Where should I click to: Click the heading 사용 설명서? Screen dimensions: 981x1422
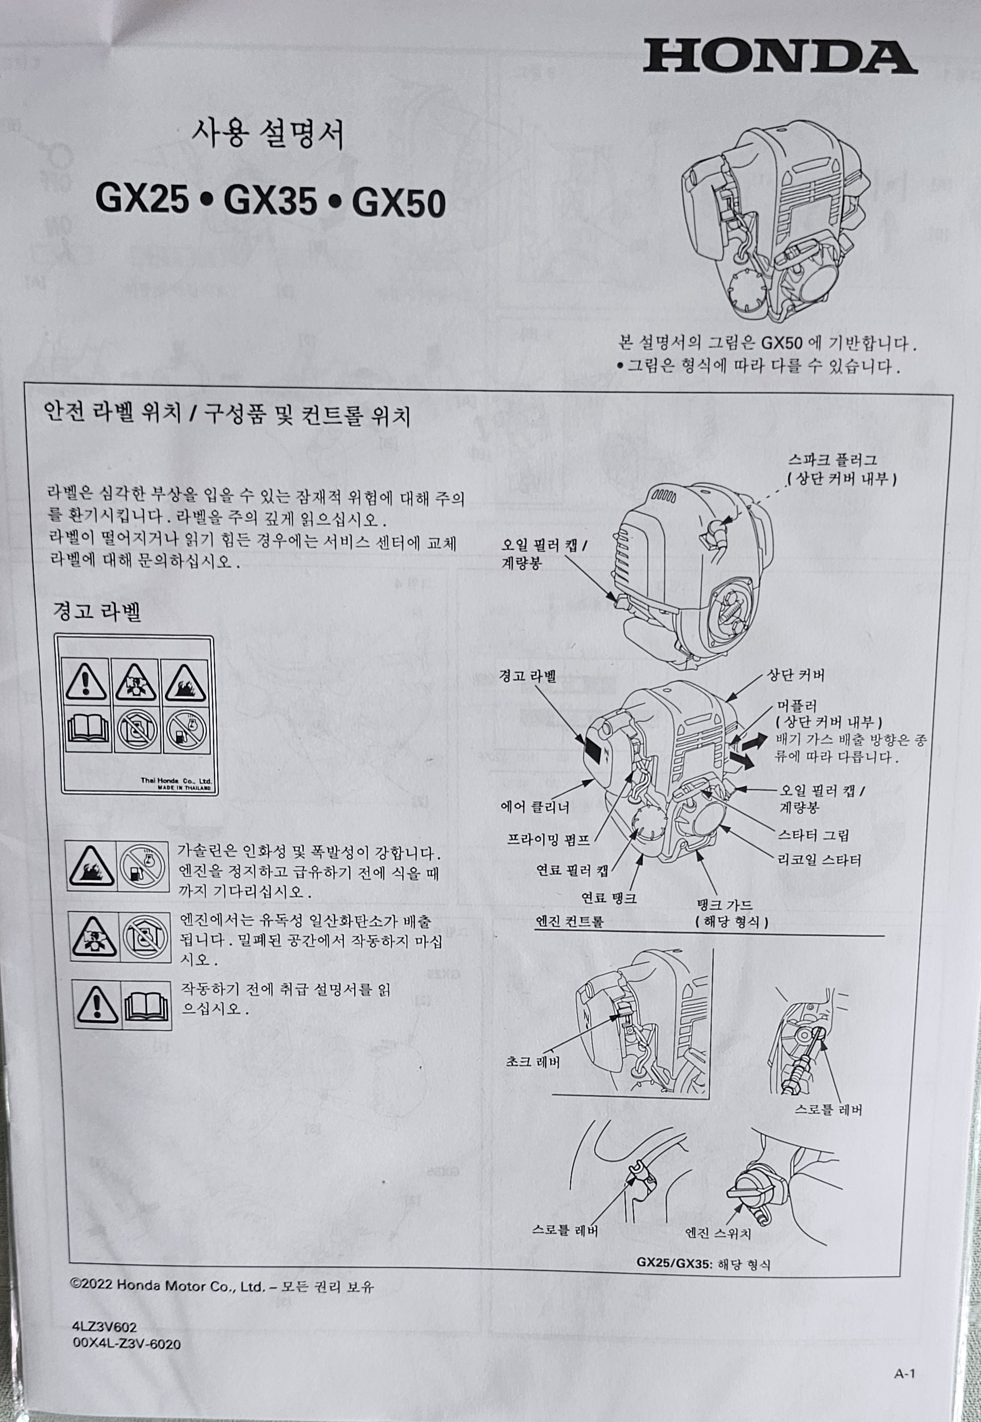[x=268, y=134]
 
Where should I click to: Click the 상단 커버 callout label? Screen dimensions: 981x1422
[x=795, y=675]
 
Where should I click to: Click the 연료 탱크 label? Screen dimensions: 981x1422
[x=608, y=898]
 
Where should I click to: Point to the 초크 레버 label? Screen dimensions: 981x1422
[x=532, y=1061]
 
